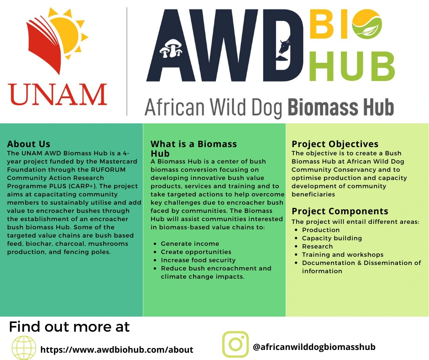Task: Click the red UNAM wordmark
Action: pyautogui.click(x=58, y=95)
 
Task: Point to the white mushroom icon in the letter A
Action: pyautogui.click(x=171, y=48)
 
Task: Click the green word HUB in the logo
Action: pyautogui.click(x=352, y=67)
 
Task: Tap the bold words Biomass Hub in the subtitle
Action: pyautogui.click(x=340, y=107)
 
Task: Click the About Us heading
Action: pyautogui.click(x=29, y=144)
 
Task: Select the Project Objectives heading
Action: pyautogui.click(x=335, y=144)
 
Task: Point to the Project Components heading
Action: pyautogui.click(x=340, y=211)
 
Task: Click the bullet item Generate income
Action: pyautogui.click(x=190, y=244)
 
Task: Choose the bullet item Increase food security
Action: pyautogui.click(x=198, y=260)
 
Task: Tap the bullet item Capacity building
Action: pyautogui.click(x=332, y=238)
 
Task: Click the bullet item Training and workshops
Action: pyautogui.click(x=343, y=254)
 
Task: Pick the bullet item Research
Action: pyautogui.click(x=317, y=246)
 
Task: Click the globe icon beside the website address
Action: pyautogui.click(x=24, y=348)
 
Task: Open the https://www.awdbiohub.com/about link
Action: pyautogui.click(x=117, y=349)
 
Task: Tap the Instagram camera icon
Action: pyautogui.click(x=235, y=344)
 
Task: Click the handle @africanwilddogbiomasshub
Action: pyautogui.click(x=314, y=347)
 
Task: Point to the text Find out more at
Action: pyautogui.click(x=69, y=327)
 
